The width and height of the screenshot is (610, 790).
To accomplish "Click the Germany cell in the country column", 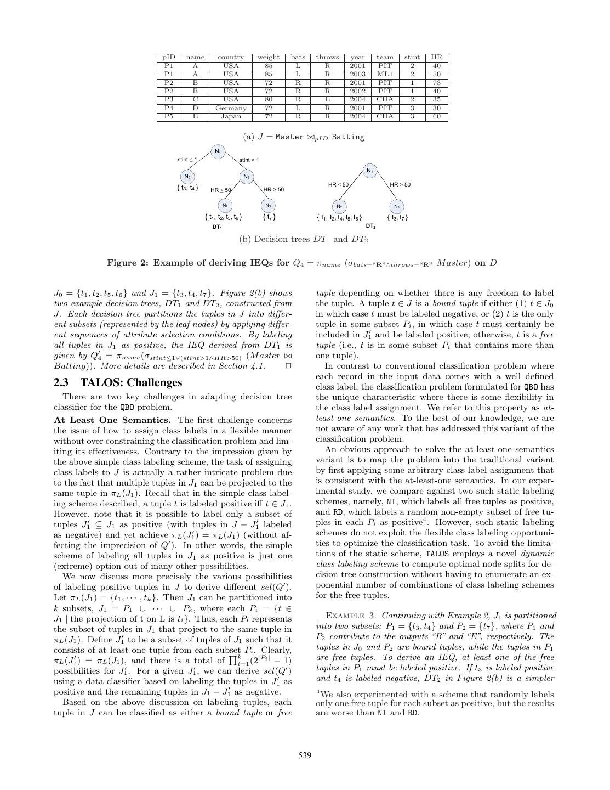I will coord(231,108).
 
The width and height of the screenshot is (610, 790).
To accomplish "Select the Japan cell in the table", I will coord(231,116).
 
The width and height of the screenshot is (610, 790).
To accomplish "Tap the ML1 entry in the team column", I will coord(385,74).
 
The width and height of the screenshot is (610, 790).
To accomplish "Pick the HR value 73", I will coord(436,82).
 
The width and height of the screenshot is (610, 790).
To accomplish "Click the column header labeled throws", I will coord(327,57).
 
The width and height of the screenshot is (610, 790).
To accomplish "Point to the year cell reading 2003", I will coord(357,74).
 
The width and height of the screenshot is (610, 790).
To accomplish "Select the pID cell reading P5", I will coord(168,116).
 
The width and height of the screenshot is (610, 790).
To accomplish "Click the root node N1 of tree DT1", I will coord(218,151).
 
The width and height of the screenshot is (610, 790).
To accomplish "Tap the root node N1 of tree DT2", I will coord(370,171).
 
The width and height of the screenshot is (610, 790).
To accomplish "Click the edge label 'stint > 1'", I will coord(249,160).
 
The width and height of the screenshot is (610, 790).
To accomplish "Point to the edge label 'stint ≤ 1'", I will coord(187,160).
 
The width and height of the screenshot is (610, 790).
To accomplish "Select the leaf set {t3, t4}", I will coord(187,188).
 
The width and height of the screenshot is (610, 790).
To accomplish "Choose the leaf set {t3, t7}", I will coord(397,217).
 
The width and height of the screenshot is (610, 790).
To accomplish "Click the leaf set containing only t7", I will coord(269,217).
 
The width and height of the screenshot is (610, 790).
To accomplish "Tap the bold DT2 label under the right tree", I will coord(370,226).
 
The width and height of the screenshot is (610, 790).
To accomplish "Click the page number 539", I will coord(305,755).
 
